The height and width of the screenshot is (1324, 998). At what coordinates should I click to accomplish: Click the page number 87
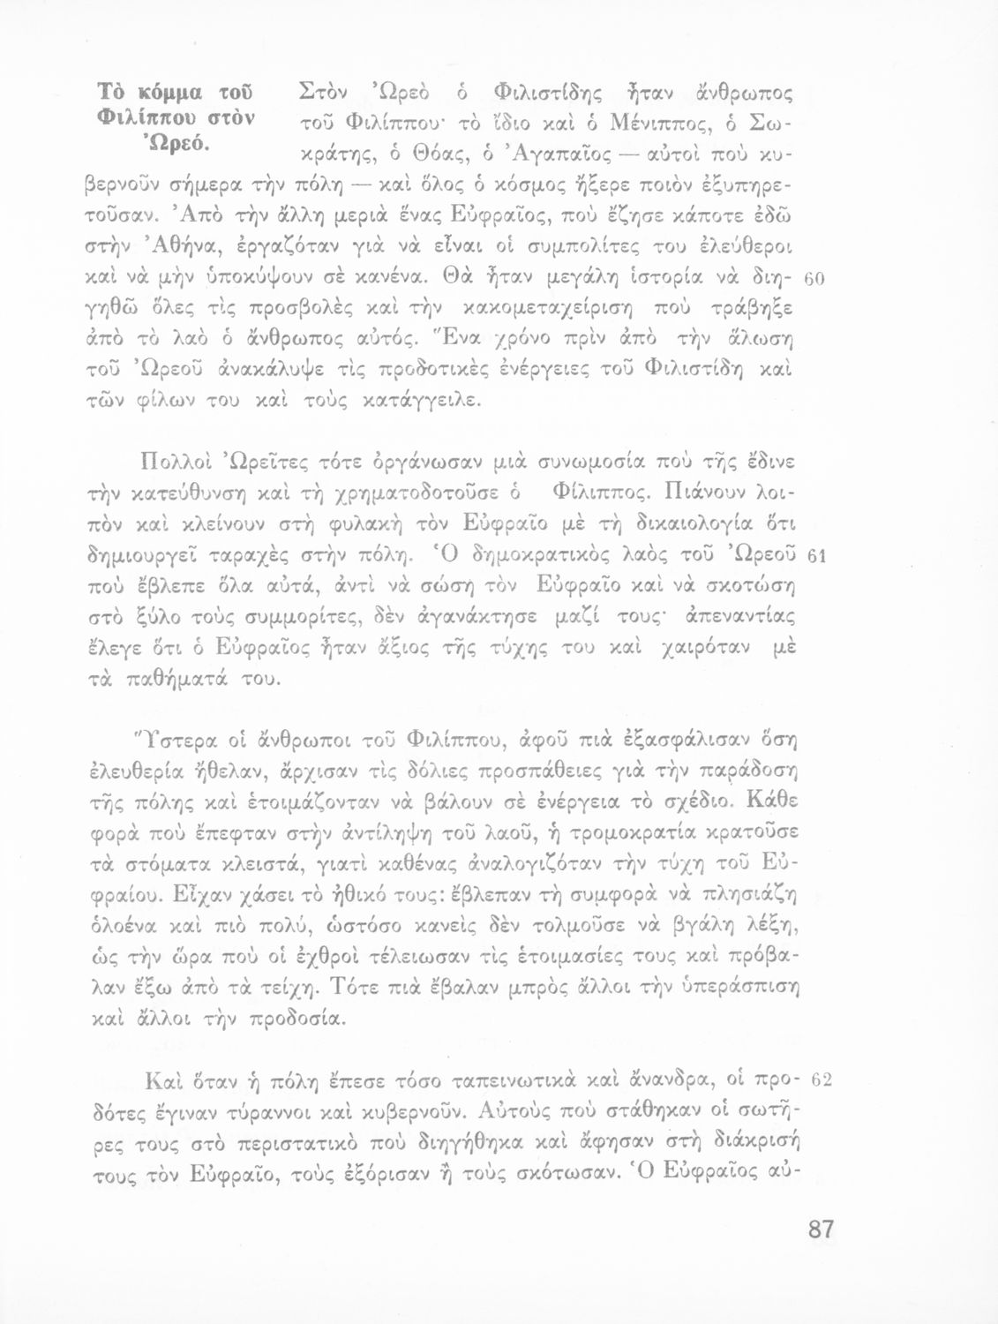(821, 1230)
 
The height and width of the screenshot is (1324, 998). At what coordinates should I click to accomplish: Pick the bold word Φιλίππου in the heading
(134, 117)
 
